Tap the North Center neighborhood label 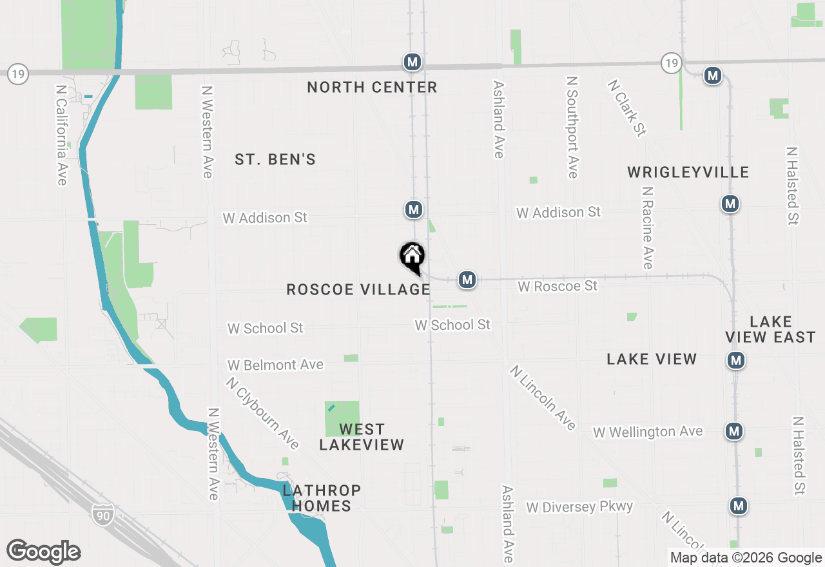[x=372, y=87]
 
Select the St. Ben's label [x=275, y=159]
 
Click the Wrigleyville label [x=688, y=172]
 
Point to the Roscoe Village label [x=358, y=289]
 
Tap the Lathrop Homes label [x=322, y=498]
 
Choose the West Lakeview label [x=362, y=436]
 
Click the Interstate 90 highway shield [x=104, y=514]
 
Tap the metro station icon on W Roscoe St [x=467, y=280]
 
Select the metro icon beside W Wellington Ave [x=733, y=431]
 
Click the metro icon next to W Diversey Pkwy [x=739, y=506]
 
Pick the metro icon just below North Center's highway [x=412, y=62]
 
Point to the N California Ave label [x=62, y=135]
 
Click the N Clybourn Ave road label [x=262, y=413]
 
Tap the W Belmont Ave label [x=275, y=365]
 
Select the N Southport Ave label [x=572, y=127]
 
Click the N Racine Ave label [x=648, y=227]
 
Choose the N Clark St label [x=626, y=108]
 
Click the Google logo [x=44, y=552]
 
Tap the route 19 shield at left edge [x=18, y=74]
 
